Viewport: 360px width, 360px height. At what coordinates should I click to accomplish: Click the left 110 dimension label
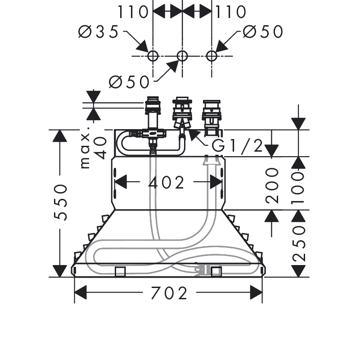133,12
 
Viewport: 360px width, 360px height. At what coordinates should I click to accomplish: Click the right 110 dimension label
230,12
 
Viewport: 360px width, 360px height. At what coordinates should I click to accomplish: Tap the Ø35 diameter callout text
98,31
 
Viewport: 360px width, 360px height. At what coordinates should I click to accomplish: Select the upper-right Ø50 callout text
263,31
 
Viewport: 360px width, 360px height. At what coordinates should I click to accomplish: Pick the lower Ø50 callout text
129,82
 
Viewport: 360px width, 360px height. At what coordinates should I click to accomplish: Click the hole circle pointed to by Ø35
153,56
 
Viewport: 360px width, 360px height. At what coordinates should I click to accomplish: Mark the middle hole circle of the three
182,56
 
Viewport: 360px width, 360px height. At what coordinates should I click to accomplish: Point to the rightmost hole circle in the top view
211,56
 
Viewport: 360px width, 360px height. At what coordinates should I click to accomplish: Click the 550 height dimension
60,202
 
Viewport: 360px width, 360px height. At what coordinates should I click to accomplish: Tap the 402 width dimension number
166,183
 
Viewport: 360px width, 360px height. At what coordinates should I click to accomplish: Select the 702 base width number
169,293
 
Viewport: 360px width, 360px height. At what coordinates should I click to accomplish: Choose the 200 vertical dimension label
272,186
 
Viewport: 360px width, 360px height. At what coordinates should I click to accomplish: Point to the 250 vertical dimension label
299,244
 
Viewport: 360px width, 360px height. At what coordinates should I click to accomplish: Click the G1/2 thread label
237,145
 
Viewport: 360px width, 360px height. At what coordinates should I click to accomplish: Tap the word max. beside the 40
85,151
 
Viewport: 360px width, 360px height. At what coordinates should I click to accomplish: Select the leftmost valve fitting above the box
153,112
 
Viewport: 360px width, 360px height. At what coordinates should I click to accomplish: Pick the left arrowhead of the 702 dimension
81,292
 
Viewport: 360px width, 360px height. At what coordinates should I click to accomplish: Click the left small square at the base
120,272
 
